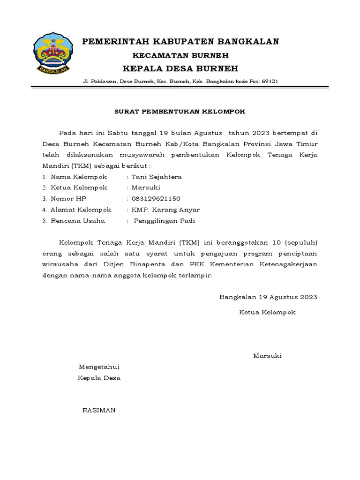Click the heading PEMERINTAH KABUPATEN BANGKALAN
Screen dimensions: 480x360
coord(180,42)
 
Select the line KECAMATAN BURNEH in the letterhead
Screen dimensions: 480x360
coord(180,55)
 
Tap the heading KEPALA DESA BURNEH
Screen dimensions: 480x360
coord(180,68)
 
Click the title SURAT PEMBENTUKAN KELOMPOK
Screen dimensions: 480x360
coord(180,112)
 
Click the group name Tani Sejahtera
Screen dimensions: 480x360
coord(157,177)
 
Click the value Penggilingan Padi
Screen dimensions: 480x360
coord(164,221)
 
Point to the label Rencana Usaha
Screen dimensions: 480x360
coord(78,221)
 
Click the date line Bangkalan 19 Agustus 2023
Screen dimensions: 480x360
coord(269,297)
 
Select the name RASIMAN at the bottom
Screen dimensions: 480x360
coord(98,410)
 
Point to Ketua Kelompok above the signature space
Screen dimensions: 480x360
coord(267,312)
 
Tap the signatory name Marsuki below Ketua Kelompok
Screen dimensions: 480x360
coord(267,356)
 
